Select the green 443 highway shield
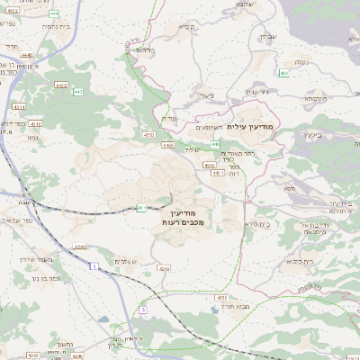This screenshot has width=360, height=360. [77, 92]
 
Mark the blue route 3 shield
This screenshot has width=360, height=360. [142, 310]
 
